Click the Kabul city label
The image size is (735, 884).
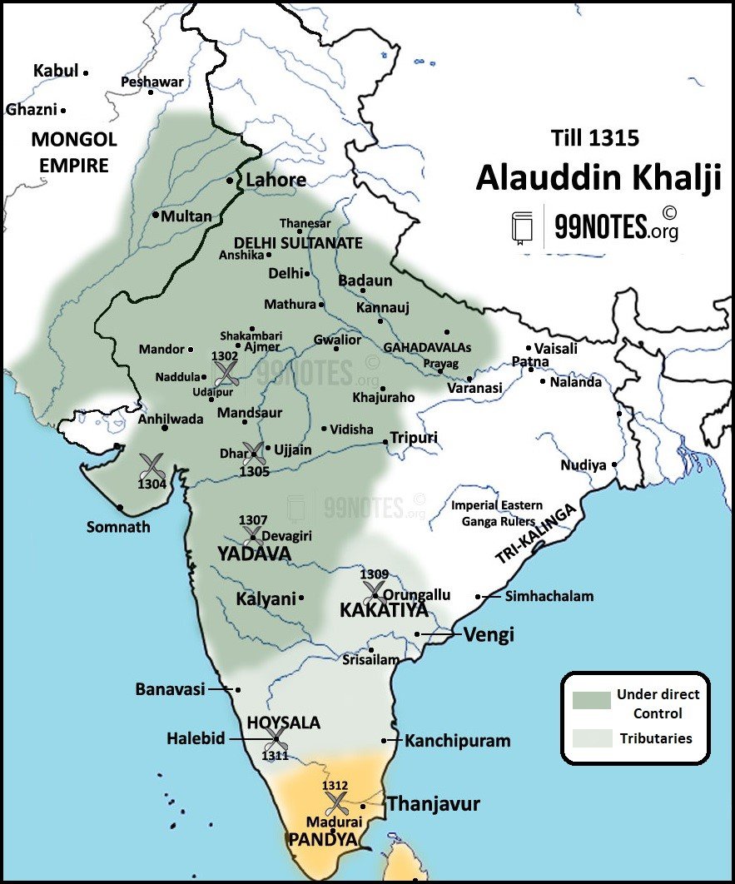click(55, 71)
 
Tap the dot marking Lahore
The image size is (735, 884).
click(230, 181)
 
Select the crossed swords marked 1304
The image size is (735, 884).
click(152, 466)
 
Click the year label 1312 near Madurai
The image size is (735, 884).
click(336, 786)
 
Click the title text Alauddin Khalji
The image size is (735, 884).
click(598, 179)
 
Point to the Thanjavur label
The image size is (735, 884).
click(434, 805)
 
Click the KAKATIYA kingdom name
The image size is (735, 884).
click(384, 611)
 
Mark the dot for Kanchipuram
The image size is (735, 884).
click(384, 740)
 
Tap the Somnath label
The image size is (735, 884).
click(118, 527)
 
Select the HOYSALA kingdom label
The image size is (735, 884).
click(284, 723)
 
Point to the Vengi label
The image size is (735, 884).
click(489, 634)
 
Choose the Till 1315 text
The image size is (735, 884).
click(595, 137)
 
